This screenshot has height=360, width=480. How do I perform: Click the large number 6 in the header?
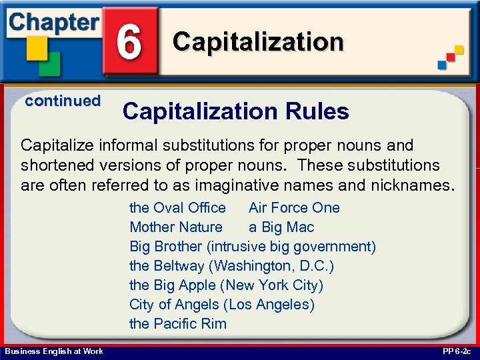click(130, 41)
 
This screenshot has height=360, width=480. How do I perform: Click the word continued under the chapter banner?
click(63, 101)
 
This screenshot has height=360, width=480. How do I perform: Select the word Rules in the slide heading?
click(319, 111)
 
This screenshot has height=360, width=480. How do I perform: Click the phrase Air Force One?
click(294, 208)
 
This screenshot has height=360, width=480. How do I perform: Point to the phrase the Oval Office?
click(177, 208)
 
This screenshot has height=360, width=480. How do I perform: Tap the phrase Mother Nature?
click(176, 227)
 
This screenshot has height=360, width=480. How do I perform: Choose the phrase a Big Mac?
click(281, 227)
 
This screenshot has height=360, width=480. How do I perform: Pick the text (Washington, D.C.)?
click(271, 266)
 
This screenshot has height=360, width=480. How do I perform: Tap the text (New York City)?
click(272, 285)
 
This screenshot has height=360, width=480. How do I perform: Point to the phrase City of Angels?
click(175, 305)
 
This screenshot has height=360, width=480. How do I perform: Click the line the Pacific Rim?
click(178, 324)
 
